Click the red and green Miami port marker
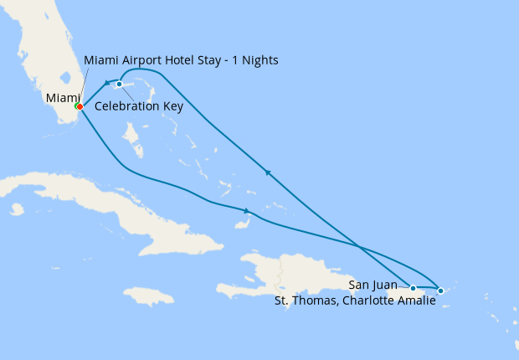pyautogui.click(x=79, y=106)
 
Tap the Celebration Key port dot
pyautogui.click(x=120, y=84)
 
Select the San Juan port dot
pyautogui.click(x=413, y=288)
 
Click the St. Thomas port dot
pyautogui.click(x=441, y=291)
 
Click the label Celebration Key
pyautogui.click(x=139, y=106)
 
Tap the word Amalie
pyautogui.click(x=414, y=301)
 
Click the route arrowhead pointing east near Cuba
pyautogui.click(x=248, y=210)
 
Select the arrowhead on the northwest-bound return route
pyautogui.click(x=267, y=172)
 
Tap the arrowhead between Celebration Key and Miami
pyautogui.click(x=109, y=83)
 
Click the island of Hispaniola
pyautogui.click(x=285, y=272)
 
